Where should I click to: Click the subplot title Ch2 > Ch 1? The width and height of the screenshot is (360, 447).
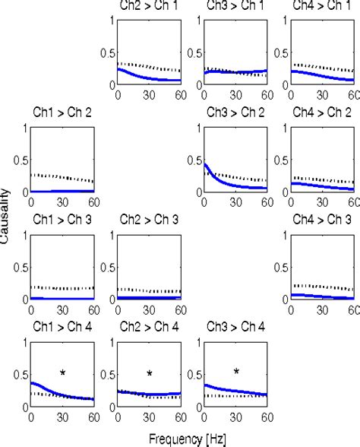[x=149, y=5]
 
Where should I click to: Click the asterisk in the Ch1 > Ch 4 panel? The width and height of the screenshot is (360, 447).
[x=63, y=372]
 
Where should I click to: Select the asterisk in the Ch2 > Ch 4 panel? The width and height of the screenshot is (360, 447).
[x=150, y=373]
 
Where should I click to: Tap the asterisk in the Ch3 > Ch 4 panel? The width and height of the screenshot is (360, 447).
[x=237, y=372]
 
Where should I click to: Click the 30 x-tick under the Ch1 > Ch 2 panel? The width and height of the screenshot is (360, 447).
[x=62, y=202]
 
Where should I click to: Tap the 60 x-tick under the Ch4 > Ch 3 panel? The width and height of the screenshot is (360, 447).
[x=353, y=310]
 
